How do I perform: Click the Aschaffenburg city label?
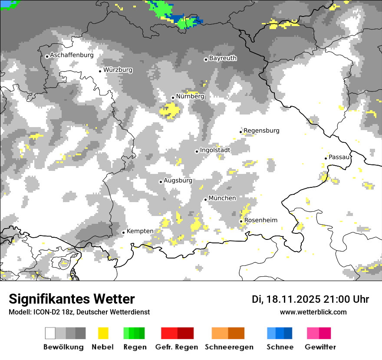72,56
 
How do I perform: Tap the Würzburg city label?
118,70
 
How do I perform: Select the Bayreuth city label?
223,58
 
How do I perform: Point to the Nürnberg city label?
190,97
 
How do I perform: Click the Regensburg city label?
261,131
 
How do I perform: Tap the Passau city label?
339,157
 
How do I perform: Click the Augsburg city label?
178,181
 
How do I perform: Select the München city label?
222,198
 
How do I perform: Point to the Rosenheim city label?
260,220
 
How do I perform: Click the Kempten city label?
140,231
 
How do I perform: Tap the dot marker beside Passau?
326,158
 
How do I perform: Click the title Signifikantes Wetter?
72,299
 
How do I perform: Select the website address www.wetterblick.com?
313,312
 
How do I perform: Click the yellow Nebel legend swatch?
103,333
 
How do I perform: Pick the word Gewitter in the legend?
320,347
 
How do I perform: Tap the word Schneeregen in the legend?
229,347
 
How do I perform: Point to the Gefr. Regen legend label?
176,347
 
